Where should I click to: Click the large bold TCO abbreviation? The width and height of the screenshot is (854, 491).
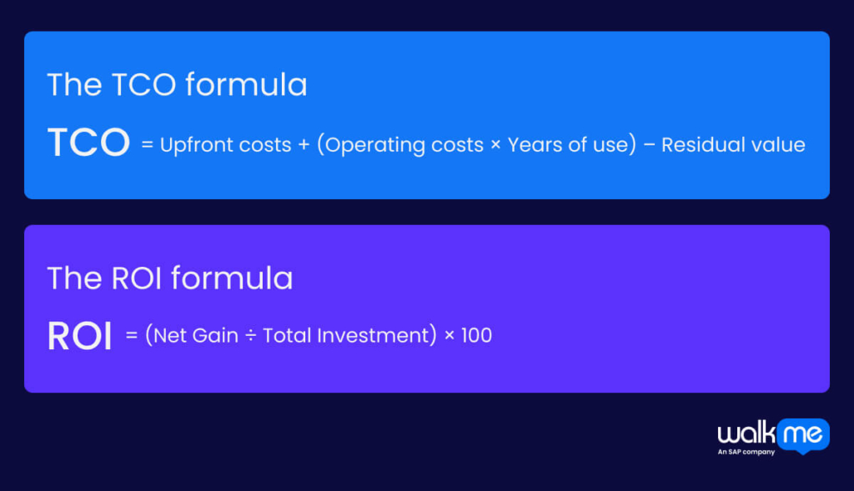tap(88, 143)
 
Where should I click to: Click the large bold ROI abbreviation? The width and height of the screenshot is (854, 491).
tap(79, 336)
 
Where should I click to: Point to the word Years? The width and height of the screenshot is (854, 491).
tap(534, 145)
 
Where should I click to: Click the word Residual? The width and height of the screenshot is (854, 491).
tap(702, 145)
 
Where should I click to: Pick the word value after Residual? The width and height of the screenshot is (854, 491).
tap(778, 145)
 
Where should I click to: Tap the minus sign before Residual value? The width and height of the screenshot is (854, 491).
tap(650, 145)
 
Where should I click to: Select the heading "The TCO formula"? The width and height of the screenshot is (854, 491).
tap(177, 85)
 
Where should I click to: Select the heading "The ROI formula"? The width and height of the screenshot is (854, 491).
tap(170, 278)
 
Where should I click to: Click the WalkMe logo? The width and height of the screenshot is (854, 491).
tap(772, 434)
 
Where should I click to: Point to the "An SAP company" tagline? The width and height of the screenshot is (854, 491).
tap(746, 452)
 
